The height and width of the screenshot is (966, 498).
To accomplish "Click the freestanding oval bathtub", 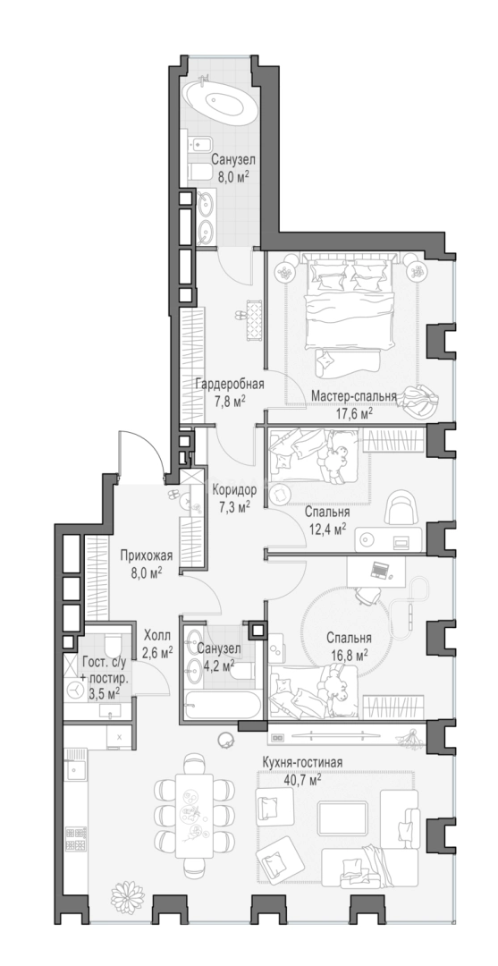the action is coord(220,100).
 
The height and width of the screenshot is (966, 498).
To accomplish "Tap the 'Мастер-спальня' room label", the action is coord(353,395).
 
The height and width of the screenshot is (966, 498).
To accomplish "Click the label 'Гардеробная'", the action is coord(230,385).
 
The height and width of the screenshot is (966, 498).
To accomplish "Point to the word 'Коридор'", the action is coord(234,491).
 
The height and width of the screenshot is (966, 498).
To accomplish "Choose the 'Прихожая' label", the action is coord(147,556).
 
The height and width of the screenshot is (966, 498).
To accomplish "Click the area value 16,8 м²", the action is coord(347,654).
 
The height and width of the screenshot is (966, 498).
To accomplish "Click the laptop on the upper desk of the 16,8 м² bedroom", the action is coord(380,571).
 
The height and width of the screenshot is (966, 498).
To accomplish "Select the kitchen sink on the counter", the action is coord(77,769).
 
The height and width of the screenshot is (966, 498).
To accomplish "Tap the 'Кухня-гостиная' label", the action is coord(301,763).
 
